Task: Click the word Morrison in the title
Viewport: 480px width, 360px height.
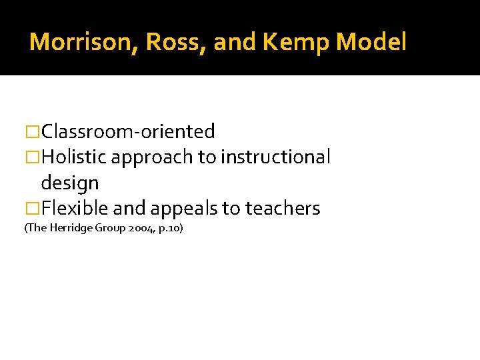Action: tap(83, 43)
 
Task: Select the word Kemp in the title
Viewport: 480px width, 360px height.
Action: tap(297, 43)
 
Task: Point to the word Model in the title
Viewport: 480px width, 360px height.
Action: tap(371, 43)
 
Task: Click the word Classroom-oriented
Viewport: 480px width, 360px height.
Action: tap(128, 132)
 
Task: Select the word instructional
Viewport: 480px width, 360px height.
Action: tap(275, 157)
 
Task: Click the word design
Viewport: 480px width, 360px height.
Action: tap(69, 183)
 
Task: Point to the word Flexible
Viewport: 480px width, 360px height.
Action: tap(74, 209)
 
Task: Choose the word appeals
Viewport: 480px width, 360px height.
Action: tap(185, 209)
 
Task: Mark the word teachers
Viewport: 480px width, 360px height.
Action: tap(283, 209)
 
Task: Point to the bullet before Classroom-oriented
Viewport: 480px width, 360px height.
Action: tap(32, 132)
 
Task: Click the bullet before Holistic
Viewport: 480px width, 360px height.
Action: tap(32, 157)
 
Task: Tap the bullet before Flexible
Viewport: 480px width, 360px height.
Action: tap(32, 209)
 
